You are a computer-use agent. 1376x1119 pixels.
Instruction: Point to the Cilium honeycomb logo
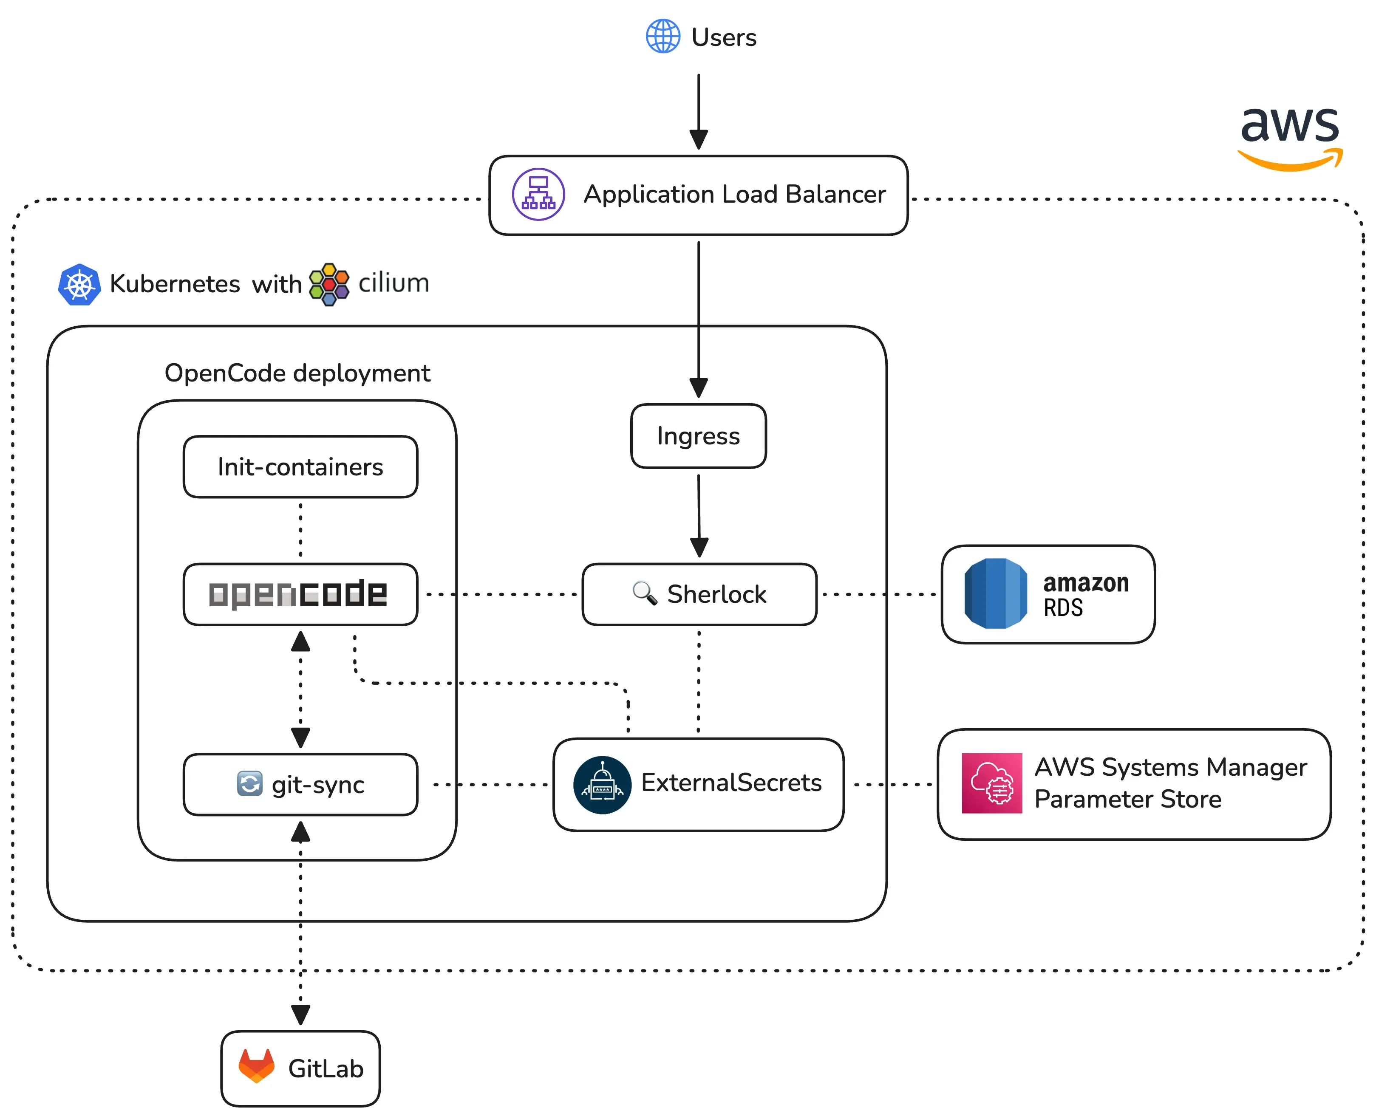pos(329,284)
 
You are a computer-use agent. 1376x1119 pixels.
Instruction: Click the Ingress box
pos(698,436)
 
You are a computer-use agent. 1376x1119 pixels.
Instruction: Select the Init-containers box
pos(300,467)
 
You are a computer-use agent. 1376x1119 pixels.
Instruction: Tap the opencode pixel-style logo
pos(298,593)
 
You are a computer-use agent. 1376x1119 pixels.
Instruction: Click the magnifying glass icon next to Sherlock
pos(644,592)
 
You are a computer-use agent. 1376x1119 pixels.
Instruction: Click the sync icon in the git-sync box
pos(249,784)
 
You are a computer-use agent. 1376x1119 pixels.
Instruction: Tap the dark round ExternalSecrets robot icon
pos(602,785)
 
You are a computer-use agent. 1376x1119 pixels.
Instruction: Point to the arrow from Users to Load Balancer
pos(698,110)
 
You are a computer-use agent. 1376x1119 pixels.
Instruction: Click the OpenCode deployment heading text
pos(297,373)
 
